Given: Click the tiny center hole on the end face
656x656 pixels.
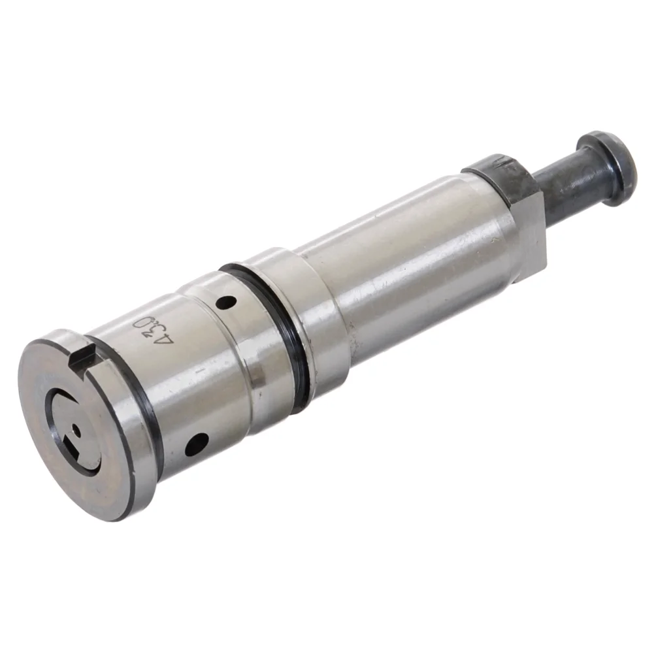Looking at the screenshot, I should [76, 430].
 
